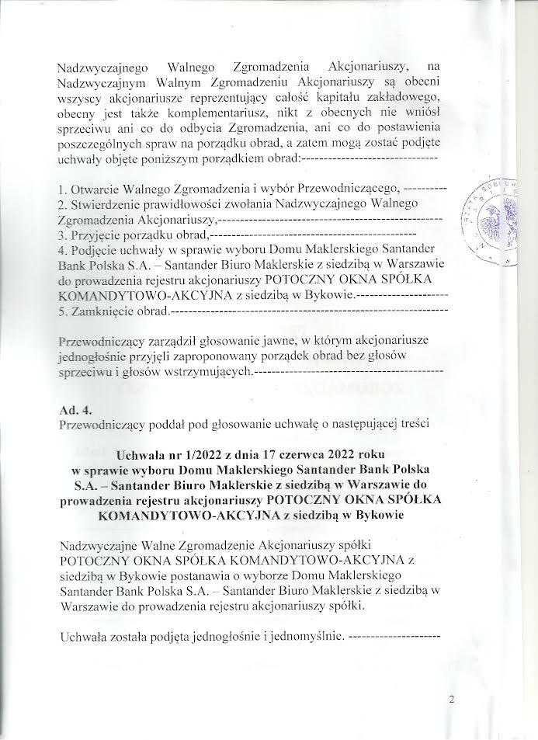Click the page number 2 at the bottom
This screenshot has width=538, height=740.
(x=451, y=699)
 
